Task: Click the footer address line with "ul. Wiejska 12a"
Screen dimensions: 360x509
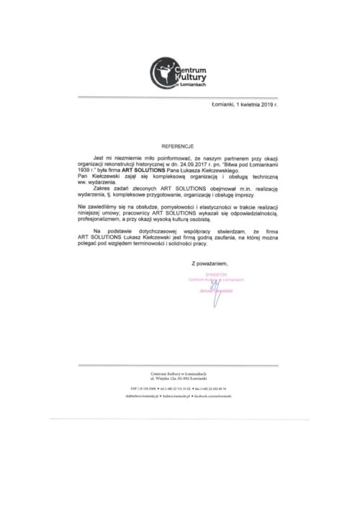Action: pos(180,377)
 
